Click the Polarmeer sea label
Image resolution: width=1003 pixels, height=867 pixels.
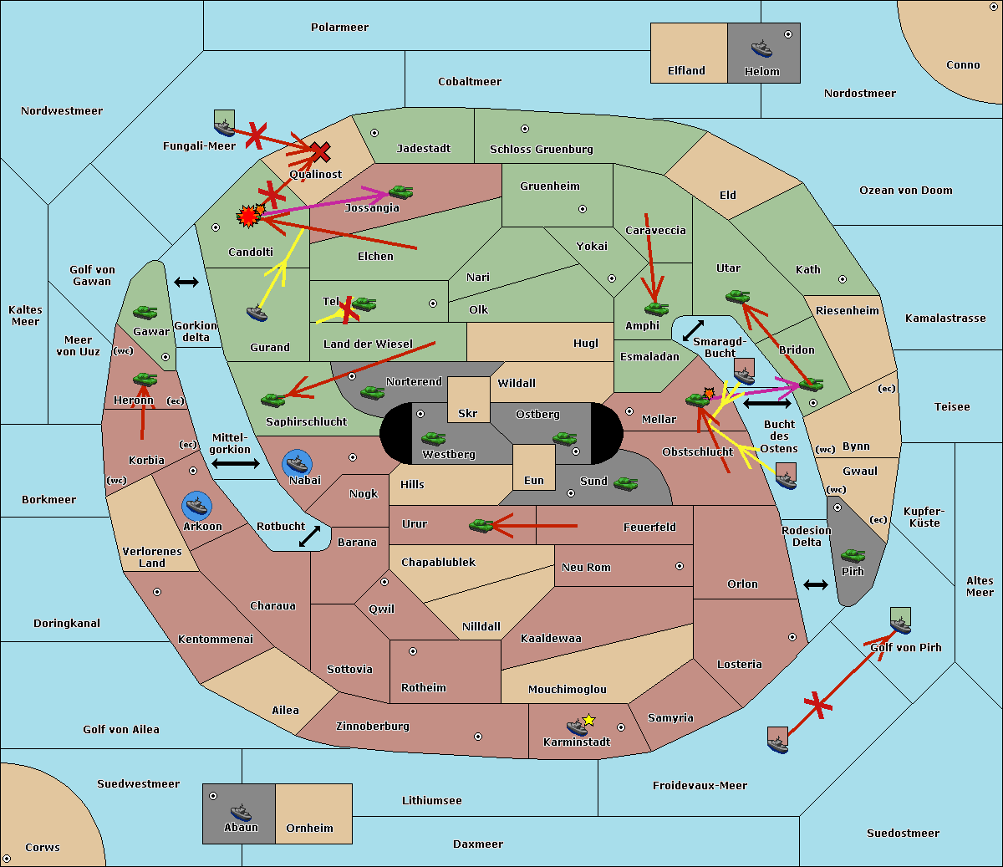pos(339,28)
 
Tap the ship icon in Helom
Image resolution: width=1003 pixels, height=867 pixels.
pos(761,48)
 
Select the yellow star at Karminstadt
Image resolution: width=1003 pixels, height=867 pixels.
pos(588,720)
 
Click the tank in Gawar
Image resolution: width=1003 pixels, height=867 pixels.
pos(145,312)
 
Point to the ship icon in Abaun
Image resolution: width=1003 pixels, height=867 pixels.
pos(240,812)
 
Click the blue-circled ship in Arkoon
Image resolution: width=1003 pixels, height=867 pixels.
pos(196,505)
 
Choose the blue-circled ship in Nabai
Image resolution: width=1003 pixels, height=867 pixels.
pos(298,463)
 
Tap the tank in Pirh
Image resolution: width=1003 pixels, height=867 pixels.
pos(853,556)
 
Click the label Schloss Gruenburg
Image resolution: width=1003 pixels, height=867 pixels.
pos(541,150)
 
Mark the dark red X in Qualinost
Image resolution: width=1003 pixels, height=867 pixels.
pos(320,152)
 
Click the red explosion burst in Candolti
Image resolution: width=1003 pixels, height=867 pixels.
pos(247,217)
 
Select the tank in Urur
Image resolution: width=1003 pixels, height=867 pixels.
pos(481,525)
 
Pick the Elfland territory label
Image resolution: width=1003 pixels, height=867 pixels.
pos(686,71)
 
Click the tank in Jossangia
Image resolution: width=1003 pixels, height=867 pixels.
pos(400,192)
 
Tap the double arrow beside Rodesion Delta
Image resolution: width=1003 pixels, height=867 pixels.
pos(815,584)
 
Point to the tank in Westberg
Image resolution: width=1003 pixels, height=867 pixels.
pos(433,439)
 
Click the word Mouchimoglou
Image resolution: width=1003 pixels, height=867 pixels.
pos(567,690)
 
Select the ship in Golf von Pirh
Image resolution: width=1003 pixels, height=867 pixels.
pos(900,625)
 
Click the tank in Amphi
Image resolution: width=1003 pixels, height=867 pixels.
pos(656,309)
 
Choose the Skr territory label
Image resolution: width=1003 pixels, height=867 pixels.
pos(467,414)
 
